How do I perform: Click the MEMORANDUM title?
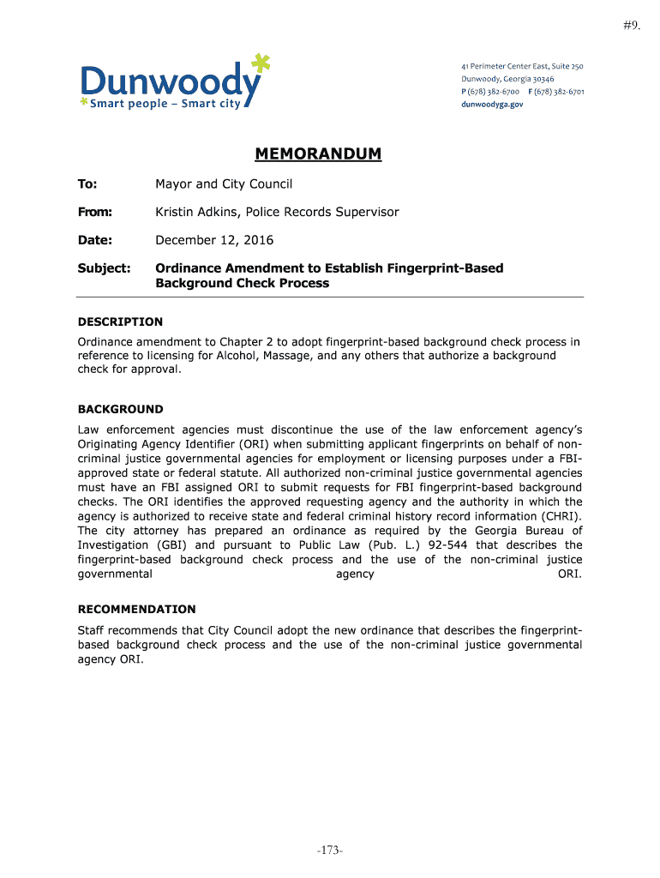pos(318,155)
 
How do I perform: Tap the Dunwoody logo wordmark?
pos(168,83)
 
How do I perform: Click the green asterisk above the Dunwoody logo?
pos(261,63)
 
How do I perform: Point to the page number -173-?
pos(329,851)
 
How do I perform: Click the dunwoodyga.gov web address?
pos(492,104)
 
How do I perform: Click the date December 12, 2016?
pos(213,240)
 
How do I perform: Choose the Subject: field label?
pos(104,268)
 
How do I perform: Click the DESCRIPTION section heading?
pos(120,322)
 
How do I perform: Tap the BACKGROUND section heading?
pos(120,409)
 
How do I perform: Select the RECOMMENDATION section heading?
pos(137,609)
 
